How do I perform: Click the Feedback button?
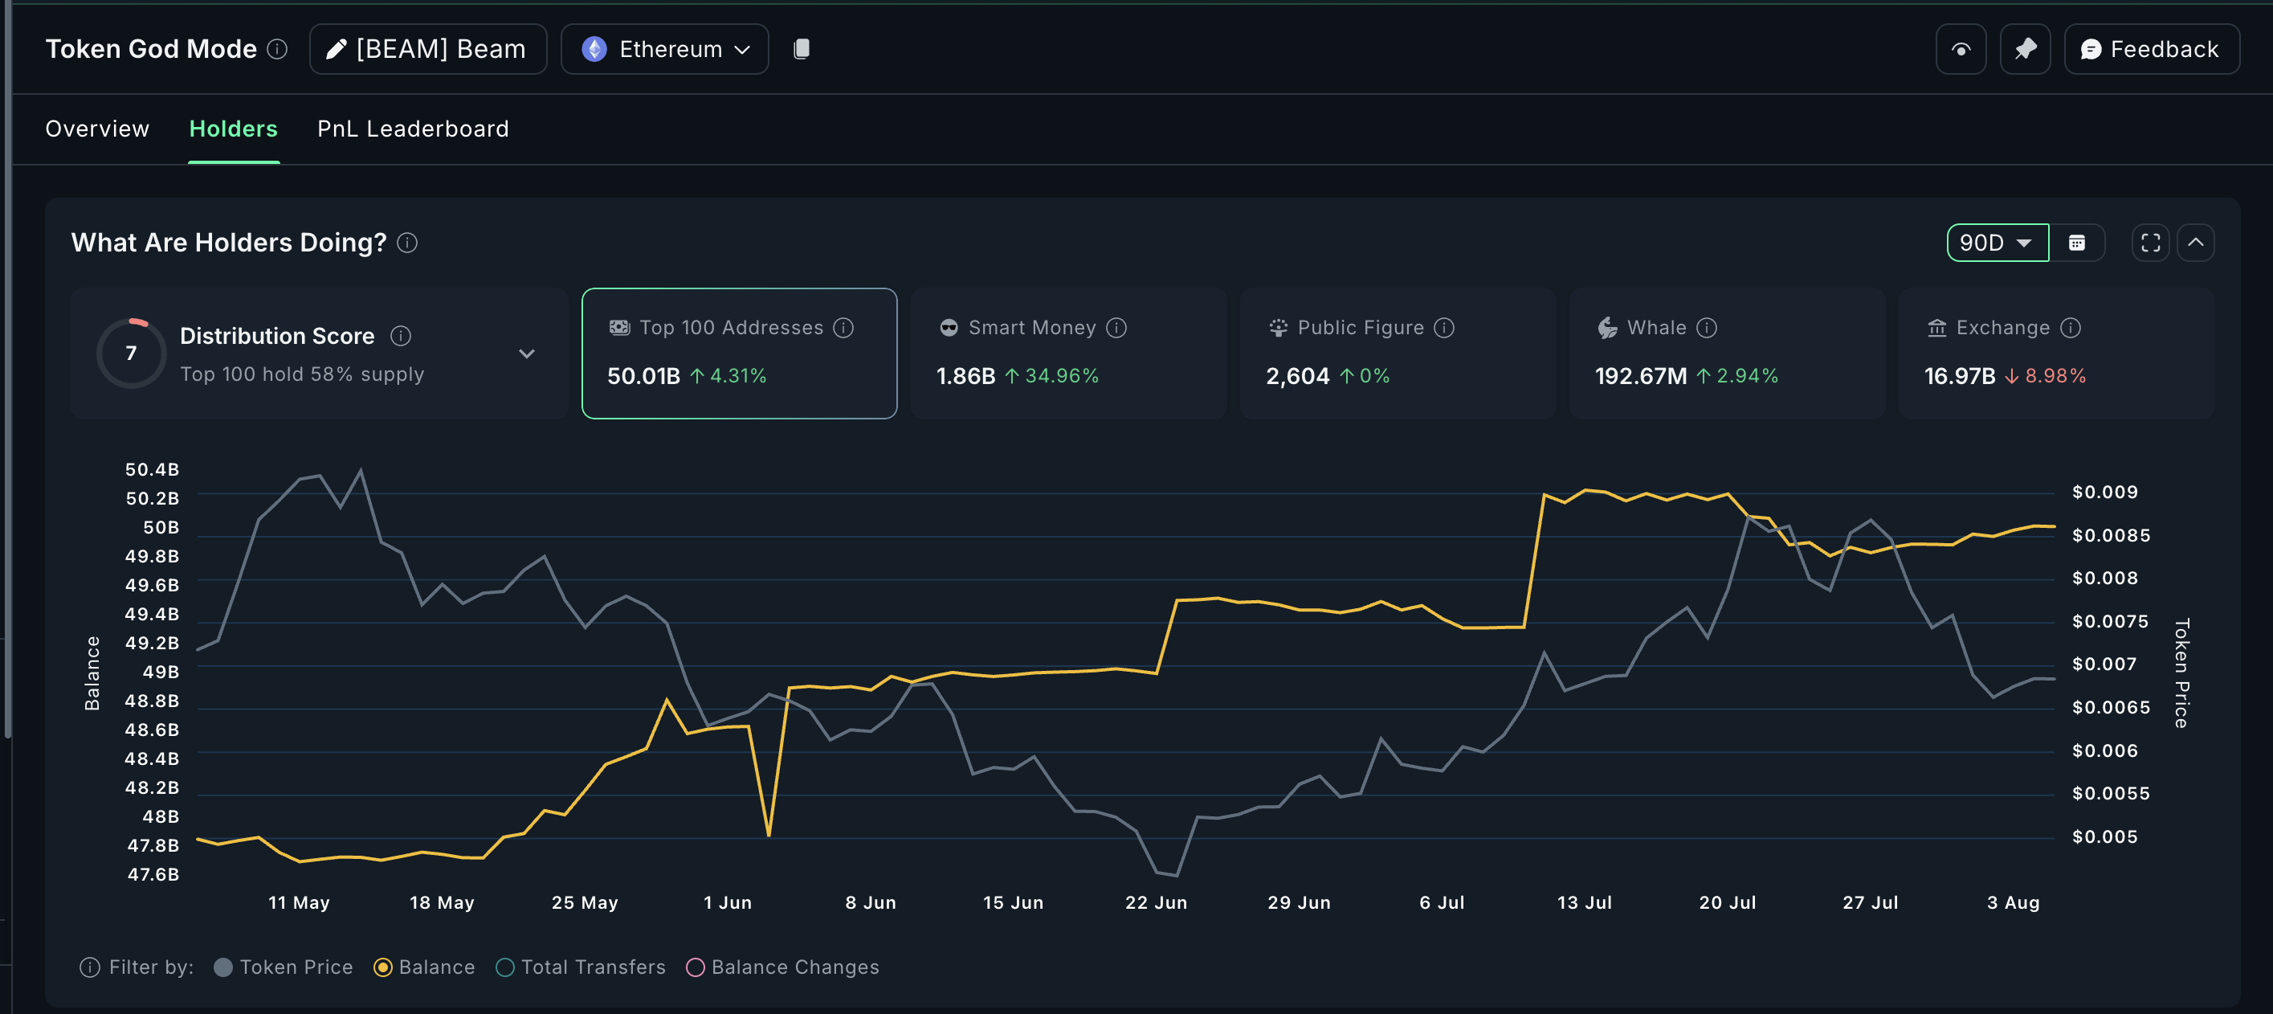[x=2150, y=50]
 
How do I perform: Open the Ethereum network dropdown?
[x=664, y=50]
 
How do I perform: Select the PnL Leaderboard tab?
[x=412, y=129]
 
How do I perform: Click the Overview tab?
[x=97, y=129]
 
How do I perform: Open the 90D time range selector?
[x=1996, y=243]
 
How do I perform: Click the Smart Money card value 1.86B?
[x=965, y=376]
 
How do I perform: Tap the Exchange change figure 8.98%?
[x=2055, y=376]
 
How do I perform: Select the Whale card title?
[x=1656, y=327]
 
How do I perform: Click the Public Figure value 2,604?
[x=1296, y=376]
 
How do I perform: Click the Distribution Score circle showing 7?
[x=132, y=353]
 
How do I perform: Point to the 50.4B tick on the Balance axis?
[x=152, y=469]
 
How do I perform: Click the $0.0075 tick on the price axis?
[x=2110, y=621]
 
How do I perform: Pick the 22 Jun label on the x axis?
[x=1156, y=902]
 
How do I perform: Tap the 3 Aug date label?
[x=2013, y=902]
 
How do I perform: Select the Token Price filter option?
[x=284, y=967]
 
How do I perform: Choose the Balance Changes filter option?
[x=784, y=967]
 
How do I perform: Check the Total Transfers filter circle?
[x=505, y=967]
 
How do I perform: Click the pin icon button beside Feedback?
[x=2024, y=50]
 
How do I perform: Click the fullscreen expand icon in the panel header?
[x=2150, y=243]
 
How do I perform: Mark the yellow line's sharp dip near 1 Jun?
[x=769, y=833]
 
